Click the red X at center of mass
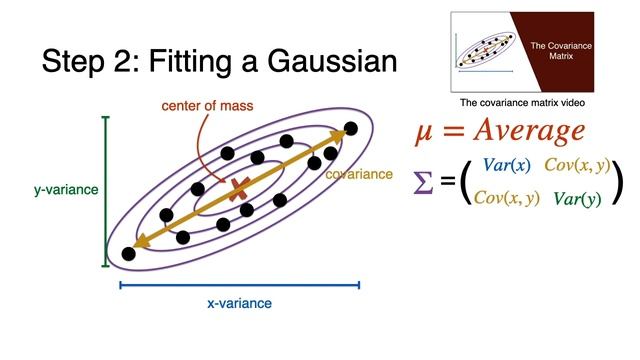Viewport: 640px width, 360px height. pyautogui.click(x=239, y=189)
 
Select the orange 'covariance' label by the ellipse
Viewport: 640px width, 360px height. pyautogui.click(x=359, y=173)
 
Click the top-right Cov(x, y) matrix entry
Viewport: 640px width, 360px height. pyautogui.click(x=577, y=164)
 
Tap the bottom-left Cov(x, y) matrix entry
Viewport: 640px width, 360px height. pyautogui.click(x=507, y=197)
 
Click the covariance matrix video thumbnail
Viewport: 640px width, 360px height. pyautogui.click(x=536, y=51)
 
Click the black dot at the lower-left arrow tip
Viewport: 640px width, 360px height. pyautogui.click(x=128, y=254)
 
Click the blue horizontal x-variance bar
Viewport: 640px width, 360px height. pyautogui.click(x=239, y=285)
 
